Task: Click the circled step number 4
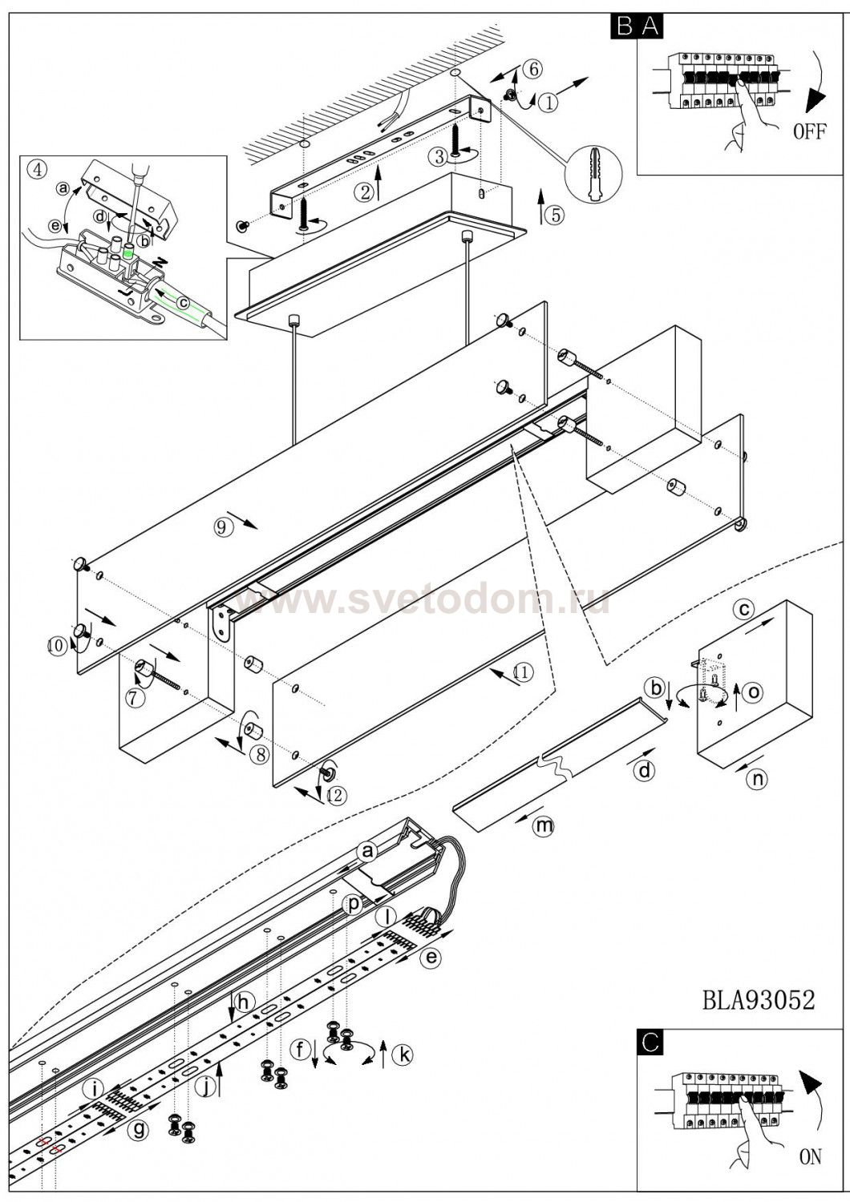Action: click(x=37, y=169)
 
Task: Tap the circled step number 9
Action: click(x=222, y=526)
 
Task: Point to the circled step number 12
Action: click(x=334, y=794)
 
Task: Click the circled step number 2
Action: click(x=365, y=192)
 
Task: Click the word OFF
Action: click(x=808, y=131)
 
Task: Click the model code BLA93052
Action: click(x=758, y=1000)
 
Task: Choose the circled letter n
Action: click(x=755, y=776)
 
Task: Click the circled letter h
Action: click(x=245, y=1001)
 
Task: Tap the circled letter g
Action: click(x=141, y=1130)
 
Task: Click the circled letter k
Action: click(x=403, y=1055)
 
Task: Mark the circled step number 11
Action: click(x=522, y=674)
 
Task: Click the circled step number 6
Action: click(x=531, y=69)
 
